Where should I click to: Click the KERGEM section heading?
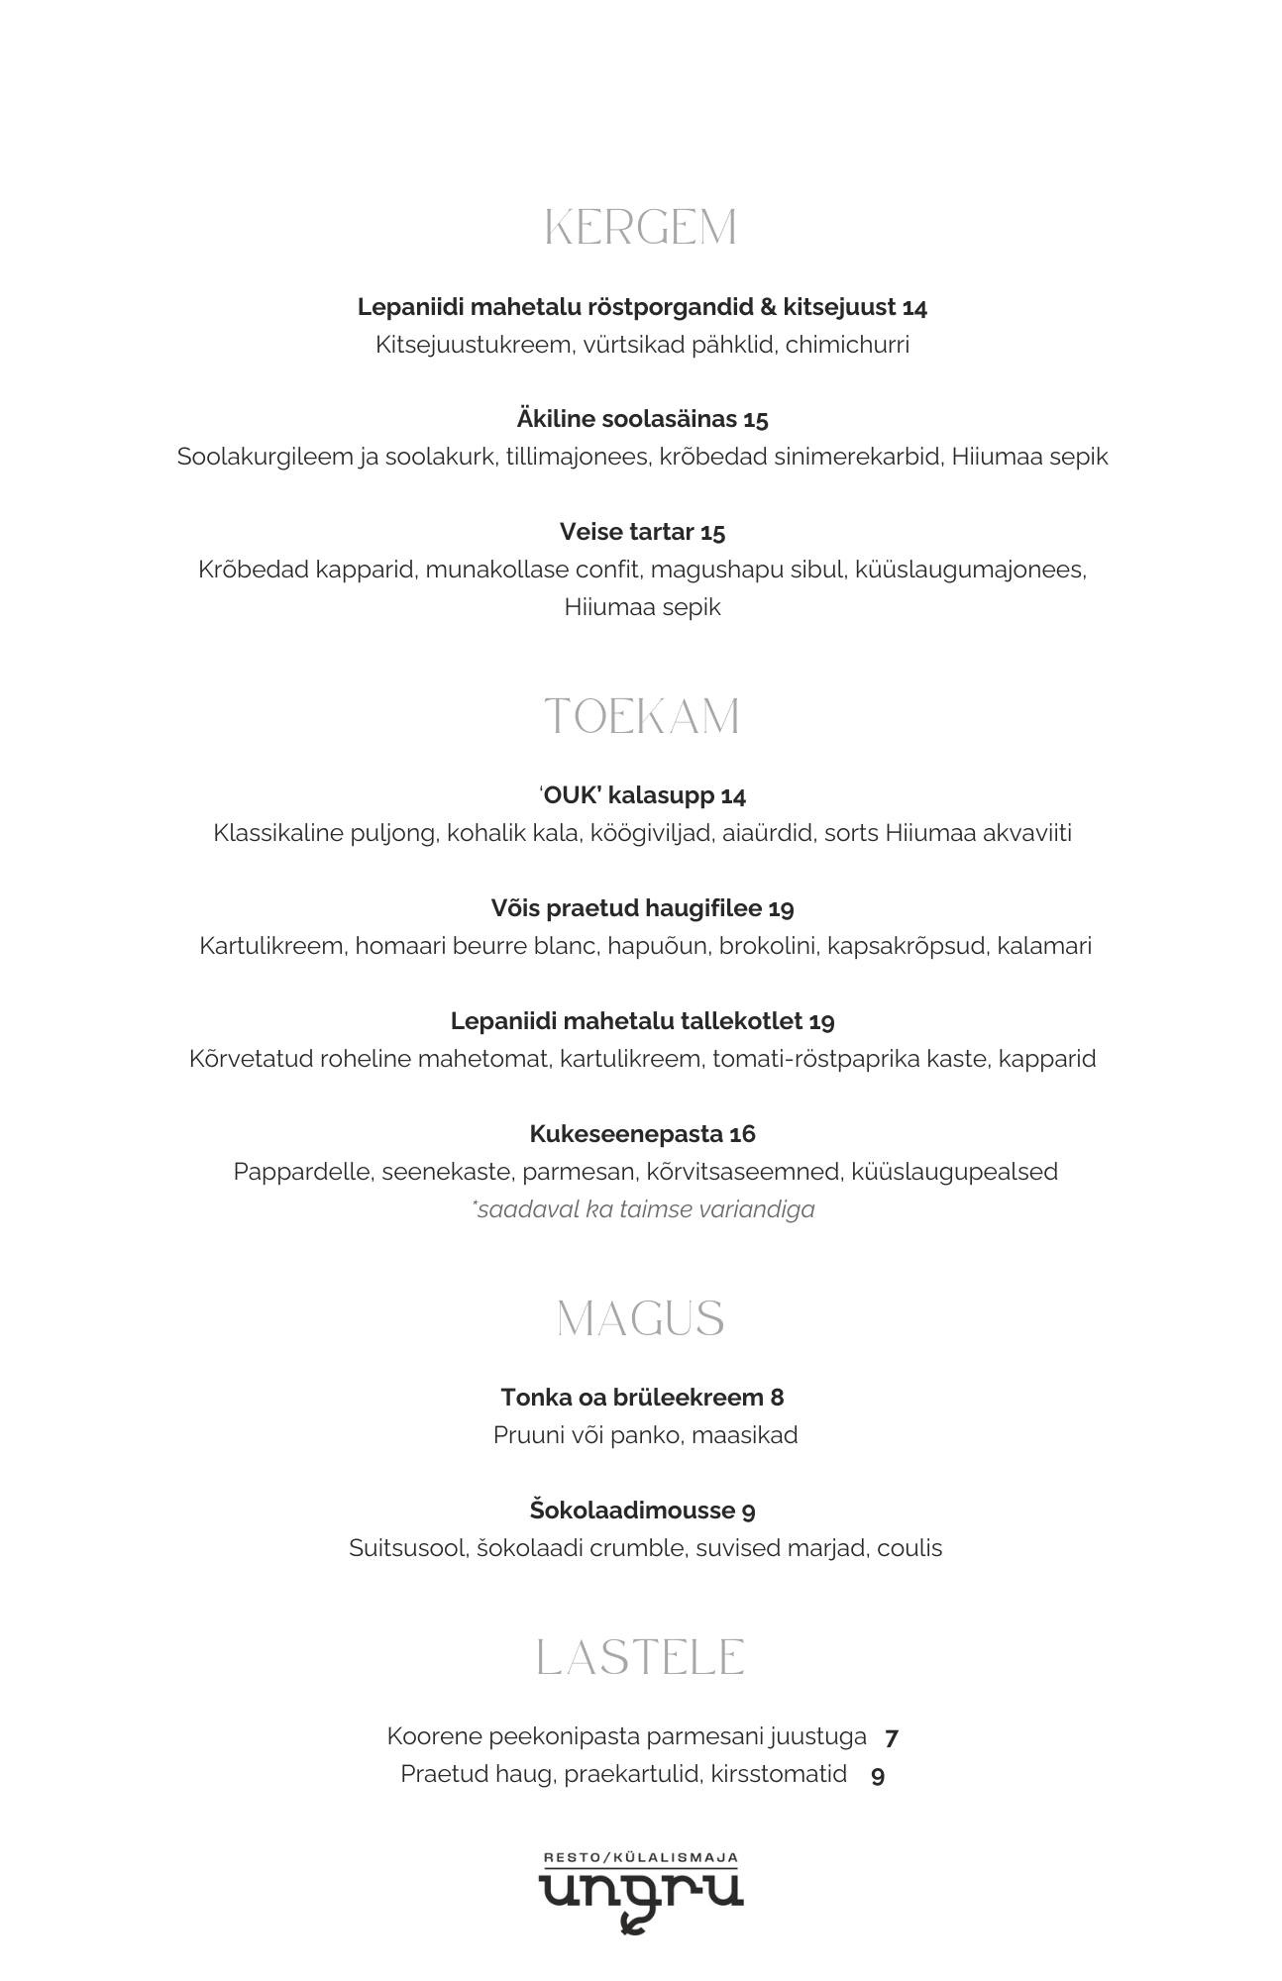click(x=641, y=228)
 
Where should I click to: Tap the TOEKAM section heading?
click(x=641, y=716)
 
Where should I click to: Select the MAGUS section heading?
click(x=641, y=1318)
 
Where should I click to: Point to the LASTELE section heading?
click(x=641, y=1657)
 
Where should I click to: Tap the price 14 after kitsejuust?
click(x=914, y=308)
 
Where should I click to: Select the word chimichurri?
click(x=847, y=345)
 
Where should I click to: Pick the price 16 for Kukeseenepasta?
click(x=742, y=1134)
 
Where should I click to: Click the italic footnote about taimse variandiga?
click(x=644, y=1209)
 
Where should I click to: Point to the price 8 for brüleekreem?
click(x=777, y=1398)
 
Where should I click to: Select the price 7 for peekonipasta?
click(x=892, y=1737)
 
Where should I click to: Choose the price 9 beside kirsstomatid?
click(x=878, y=1775)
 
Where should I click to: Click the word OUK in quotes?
click(x=570, y=795)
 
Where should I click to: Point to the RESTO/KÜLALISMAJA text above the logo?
click(x=641, y=1858)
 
